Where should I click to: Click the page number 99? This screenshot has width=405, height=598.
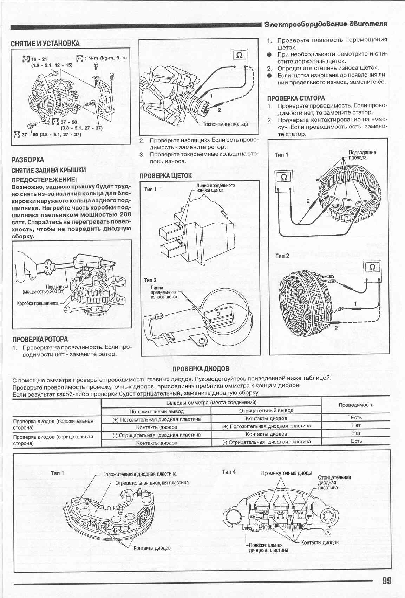(x=386, y=580)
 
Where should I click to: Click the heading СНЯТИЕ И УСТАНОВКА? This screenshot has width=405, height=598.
(x=45, y=44)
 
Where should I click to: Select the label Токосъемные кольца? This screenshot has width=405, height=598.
(x=225, y=124)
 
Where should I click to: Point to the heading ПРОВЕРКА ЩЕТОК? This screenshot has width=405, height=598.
(x=166, y=175)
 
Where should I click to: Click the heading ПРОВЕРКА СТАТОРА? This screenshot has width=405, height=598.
(x=296, y=98)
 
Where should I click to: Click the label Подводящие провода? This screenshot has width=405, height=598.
(x=362, y=155)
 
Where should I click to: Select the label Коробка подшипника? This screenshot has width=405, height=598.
(x=38, y=303)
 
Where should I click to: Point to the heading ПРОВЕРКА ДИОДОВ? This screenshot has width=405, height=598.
(x=201, y=368)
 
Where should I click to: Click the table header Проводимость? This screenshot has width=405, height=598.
(x=356, y=405)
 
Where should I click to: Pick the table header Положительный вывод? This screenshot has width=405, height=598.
(x=157, y=411)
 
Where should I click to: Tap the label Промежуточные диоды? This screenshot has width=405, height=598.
(x=286, y=473)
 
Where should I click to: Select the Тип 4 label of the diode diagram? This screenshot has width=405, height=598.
(x=229, y=471)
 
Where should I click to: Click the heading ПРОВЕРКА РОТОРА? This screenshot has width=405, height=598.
(x=40, y=340)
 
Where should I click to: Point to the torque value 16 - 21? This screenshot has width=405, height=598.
(x=39, y=59)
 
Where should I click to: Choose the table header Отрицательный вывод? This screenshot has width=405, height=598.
(x=266, y=410)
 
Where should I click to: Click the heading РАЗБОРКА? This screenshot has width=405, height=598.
(x=28, y=160)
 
